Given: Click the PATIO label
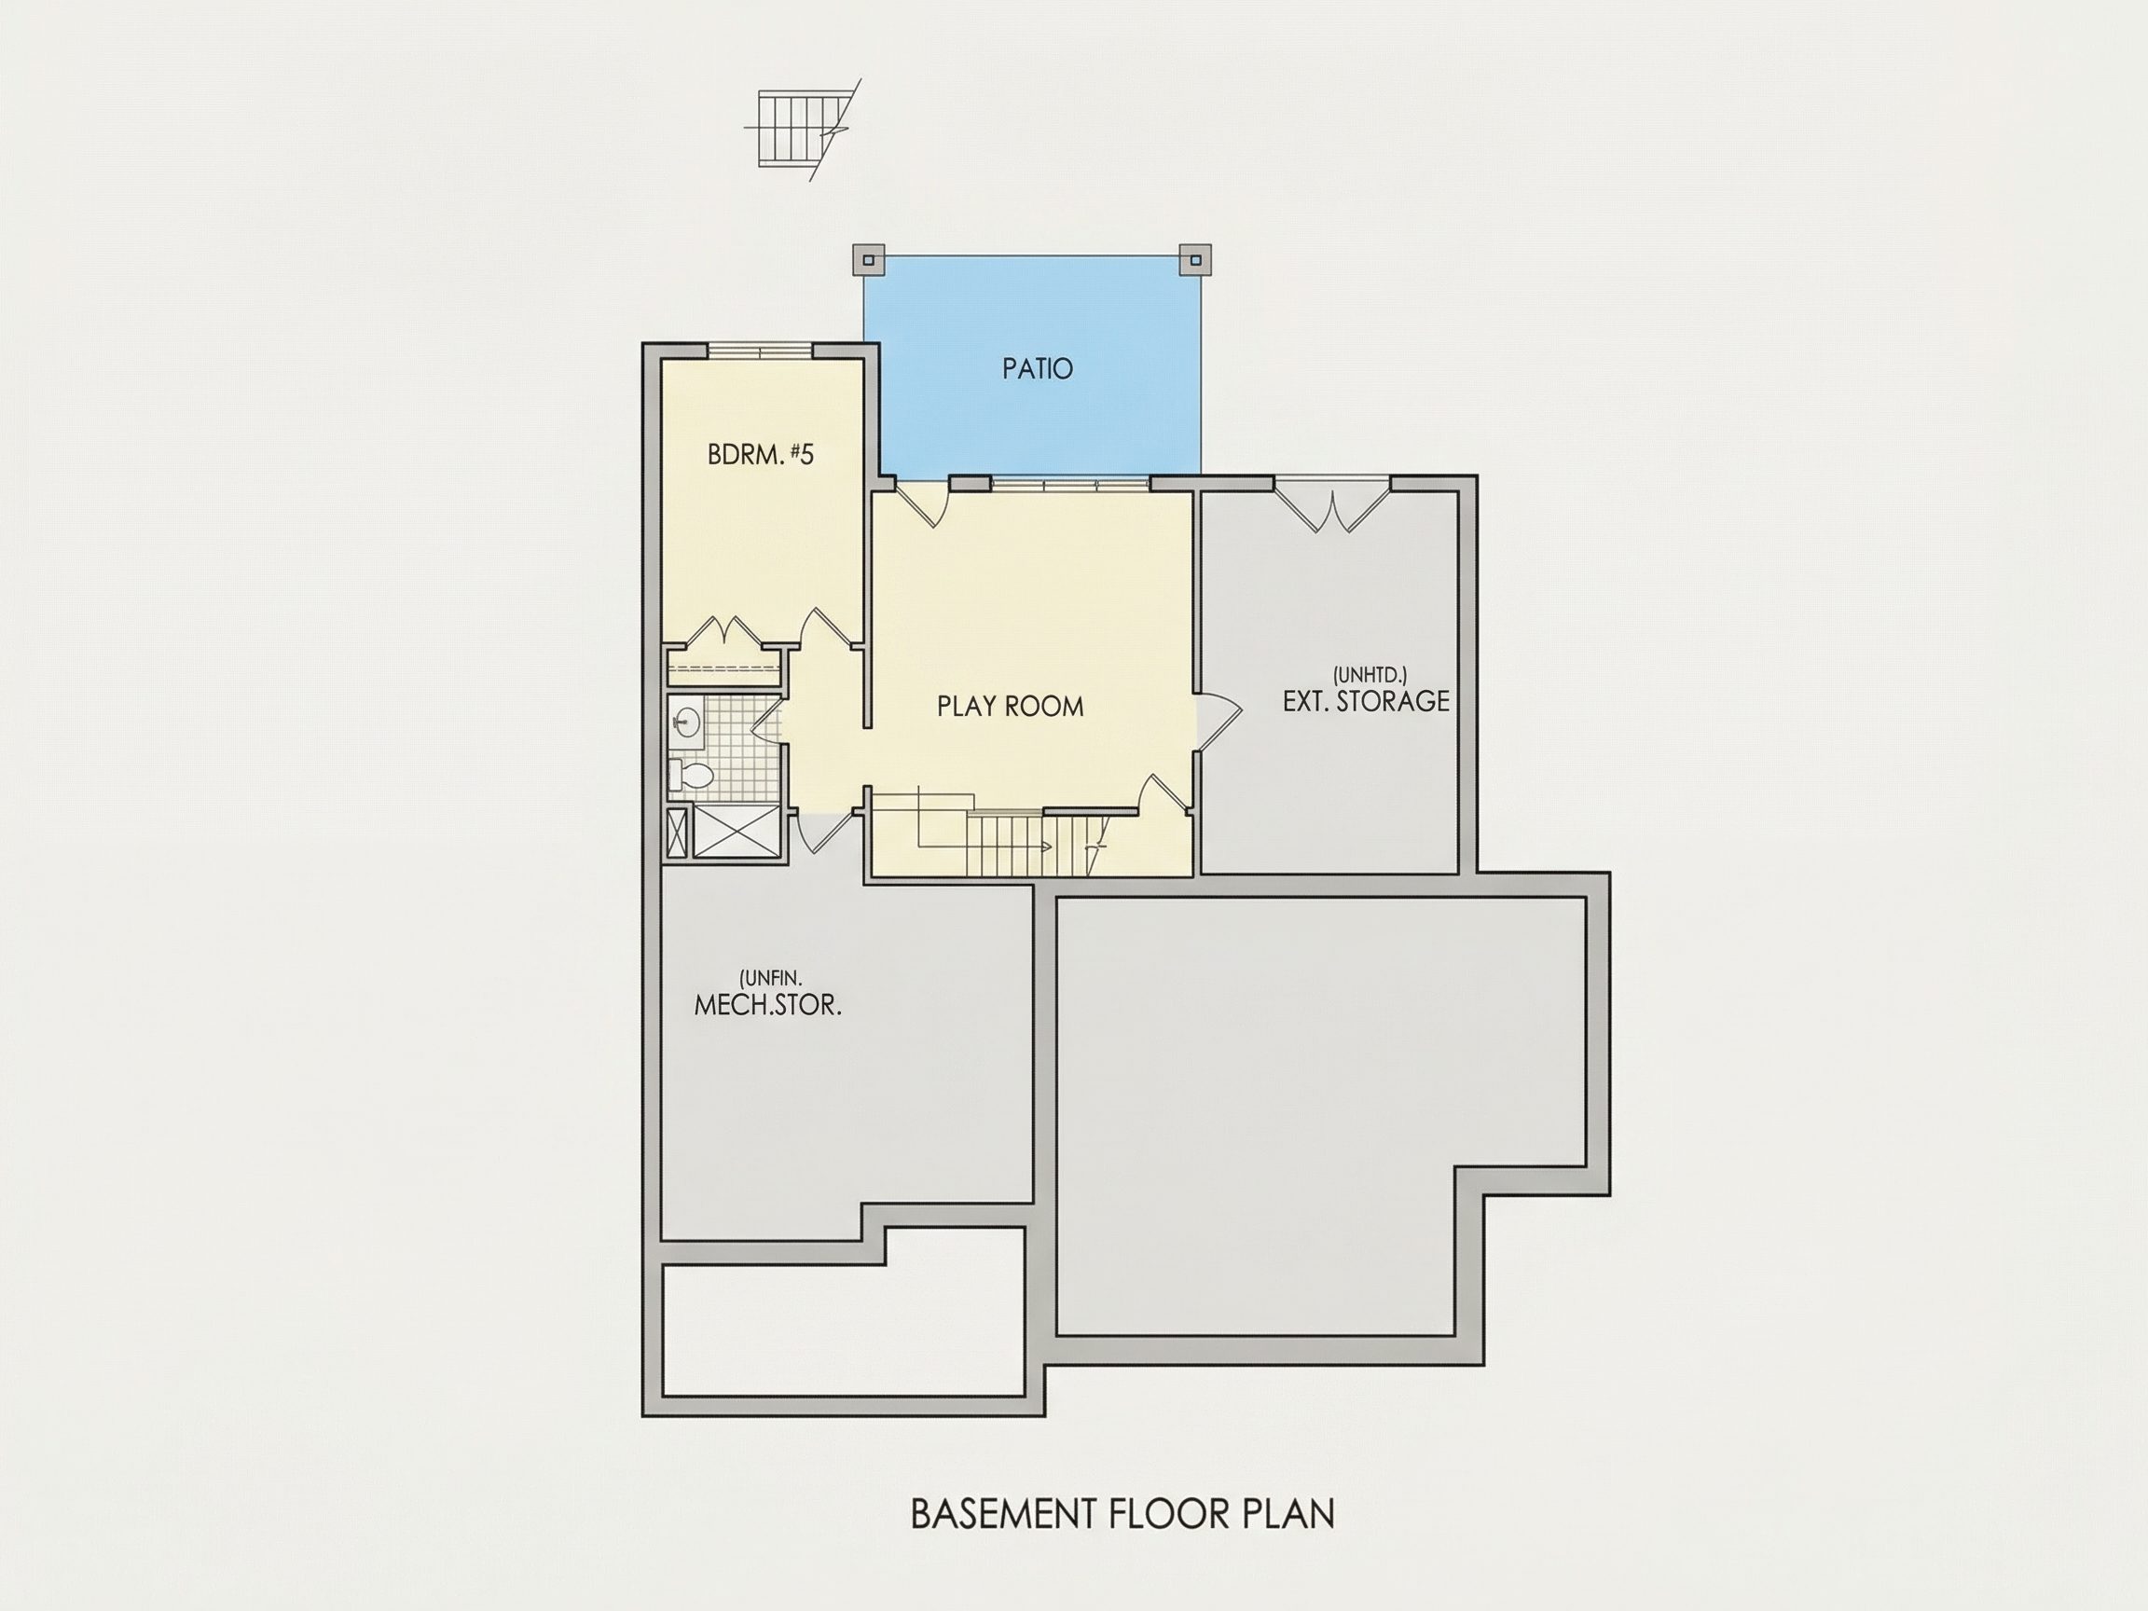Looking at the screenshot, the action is pyautogui.click(x=1037, y=369).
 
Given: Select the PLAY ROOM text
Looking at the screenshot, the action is pyautogui.click(x=1010, y=706).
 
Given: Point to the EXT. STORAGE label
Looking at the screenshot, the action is pyautogui.click(x=1365, y=701).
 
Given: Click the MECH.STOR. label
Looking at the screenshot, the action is pyautogui.click(x=767, y=1005).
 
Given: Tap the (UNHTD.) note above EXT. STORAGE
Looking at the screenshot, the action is pyautogui.click(x=1370, y=674).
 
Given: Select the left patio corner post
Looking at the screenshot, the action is pyautogui.click(x=866, y=259).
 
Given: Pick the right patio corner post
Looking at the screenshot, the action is pyautogui.click(x=1195, y=259).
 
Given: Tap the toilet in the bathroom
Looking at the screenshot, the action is pyautogui.click(x=692, y=776).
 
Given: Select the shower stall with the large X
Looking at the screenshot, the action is pyautogui.click(x=735, y=833).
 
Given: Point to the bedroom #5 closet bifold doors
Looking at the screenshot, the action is pyautogui.click(x=724, y=631).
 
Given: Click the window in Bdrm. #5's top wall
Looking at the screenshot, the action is pyautogui.click(x=760, y=351).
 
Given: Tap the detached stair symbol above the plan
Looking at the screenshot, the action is pyautogui.click(x=802, y=131).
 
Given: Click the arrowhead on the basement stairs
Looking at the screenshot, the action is pyautogui.click(x=1046, y=847).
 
